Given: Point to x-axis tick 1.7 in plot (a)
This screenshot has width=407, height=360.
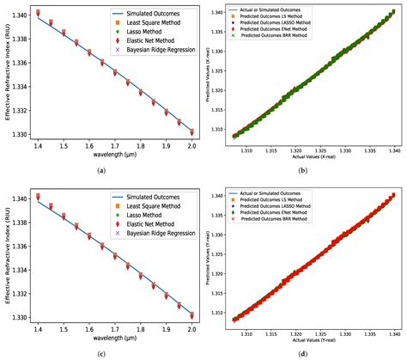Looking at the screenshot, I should (115, 147).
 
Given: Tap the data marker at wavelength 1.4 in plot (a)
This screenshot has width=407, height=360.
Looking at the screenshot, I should (38, 14).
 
